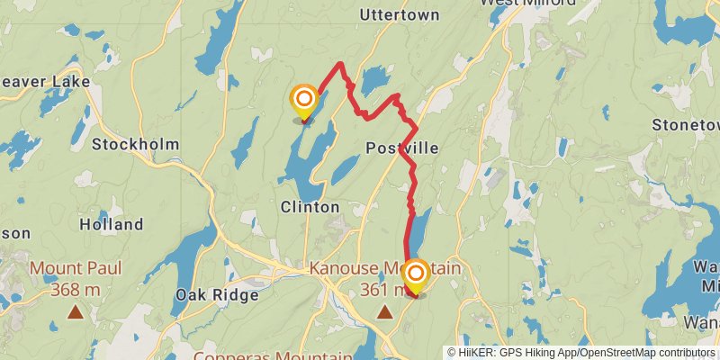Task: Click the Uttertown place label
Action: (x=399, y=15)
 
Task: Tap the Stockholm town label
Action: (x=135, y=144)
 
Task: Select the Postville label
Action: (x=402, y=148)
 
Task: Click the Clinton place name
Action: (x=310, y=207)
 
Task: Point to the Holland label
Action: (x=111, y=224)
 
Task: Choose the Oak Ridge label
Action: (x=217, y=295)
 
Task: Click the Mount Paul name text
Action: (x=76, y=268)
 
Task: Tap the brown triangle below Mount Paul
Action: (x=76, y=312)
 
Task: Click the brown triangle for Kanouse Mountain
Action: (x=385, y=312)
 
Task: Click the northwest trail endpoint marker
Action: (x=304, y=98)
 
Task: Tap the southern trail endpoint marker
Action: (x=416, y=273)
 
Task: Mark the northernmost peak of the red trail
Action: (x=339, y=64)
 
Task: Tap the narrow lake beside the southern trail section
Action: (x=418, y=230)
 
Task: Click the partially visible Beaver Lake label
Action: (x=45, y=82)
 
